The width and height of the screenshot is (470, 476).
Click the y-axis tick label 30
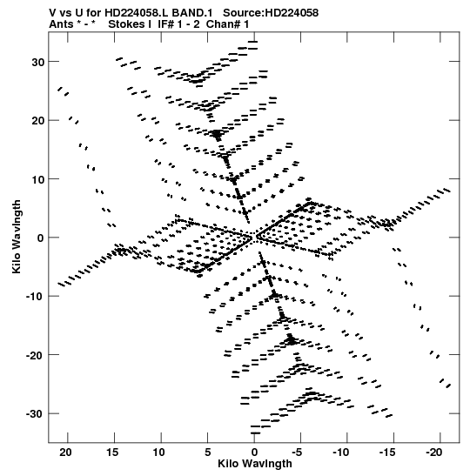click(x=37, y=63)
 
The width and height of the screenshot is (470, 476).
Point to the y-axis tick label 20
click(x=37, y=121)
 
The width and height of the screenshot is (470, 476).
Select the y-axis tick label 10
click(x=37, y=179)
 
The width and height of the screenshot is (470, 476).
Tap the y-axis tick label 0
click(x=41, y=238)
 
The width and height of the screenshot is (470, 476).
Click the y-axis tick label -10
click(x=35, y=297)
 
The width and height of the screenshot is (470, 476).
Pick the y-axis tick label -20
click(x=35, y=355)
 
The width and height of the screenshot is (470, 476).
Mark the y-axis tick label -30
click(x=35, y=414)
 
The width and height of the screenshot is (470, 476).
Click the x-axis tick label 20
click(x=65, y=453)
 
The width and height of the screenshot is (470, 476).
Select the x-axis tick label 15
click(x=112, y=453)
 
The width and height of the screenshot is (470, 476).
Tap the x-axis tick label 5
click(x=208, y=453)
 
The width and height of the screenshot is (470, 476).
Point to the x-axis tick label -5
click(x=299, y=453)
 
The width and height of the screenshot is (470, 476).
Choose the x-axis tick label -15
click(x=387, y=453)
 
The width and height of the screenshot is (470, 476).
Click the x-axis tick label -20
click(x=434, y=453)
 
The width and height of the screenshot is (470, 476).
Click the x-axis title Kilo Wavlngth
click(x=255, y=464)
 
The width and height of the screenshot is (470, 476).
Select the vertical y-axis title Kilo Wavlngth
click(x=16, y=237)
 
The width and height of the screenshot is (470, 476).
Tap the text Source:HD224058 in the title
click(x=271, y=13)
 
